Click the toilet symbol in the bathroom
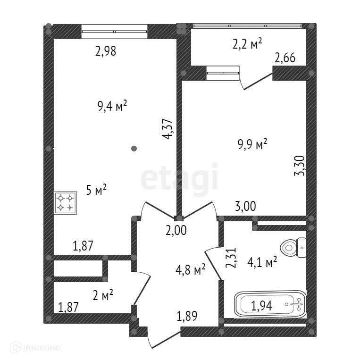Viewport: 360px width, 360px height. tap(293, 247)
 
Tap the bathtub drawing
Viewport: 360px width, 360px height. tap(271, 304)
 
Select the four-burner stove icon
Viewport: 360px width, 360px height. tap(66, 203)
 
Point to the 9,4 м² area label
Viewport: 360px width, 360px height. tap(112, 106)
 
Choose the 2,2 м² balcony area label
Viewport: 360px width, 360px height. tap(248, 44)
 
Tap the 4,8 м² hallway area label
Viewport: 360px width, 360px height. tap(190, 270)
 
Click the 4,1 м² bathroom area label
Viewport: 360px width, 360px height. tap(262, 262)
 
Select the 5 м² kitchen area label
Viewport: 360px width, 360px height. tap(96, 190)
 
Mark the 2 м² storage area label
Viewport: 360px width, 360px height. tap(102, 296)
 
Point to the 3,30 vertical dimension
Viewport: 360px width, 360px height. tap(300, 166)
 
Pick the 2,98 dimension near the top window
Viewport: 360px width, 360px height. tap(106, 51)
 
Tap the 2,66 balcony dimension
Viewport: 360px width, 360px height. tap(285, 59)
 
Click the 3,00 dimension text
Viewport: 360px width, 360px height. tap(245, 206)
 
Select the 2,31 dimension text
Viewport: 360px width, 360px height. tap(231, 259)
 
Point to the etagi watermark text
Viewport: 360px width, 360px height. tap(180, 178)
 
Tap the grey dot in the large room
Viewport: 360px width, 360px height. tap(134, 149)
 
